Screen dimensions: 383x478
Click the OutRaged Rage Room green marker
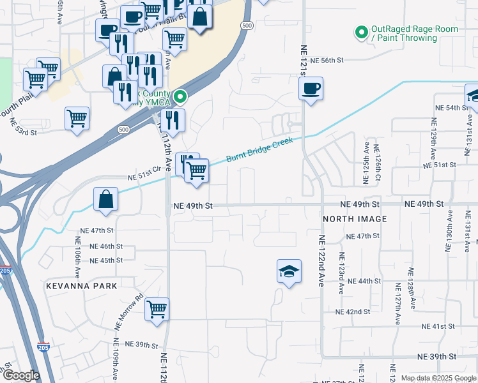coord(361,31)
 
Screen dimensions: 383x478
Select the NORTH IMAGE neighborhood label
coord(355,219)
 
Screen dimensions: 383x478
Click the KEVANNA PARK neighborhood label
coord(82,286)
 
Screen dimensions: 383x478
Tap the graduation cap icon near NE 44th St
coord(289,271)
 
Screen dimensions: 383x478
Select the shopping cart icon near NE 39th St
coord(157,310)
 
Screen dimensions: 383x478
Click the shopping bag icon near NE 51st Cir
coord(105,199)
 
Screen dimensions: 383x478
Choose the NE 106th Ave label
coord(77,255)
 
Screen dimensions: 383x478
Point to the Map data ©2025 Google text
coord(438,378)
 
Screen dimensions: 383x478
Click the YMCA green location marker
coord(181,97)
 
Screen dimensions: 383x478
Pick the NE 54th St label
coord(453,108)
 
